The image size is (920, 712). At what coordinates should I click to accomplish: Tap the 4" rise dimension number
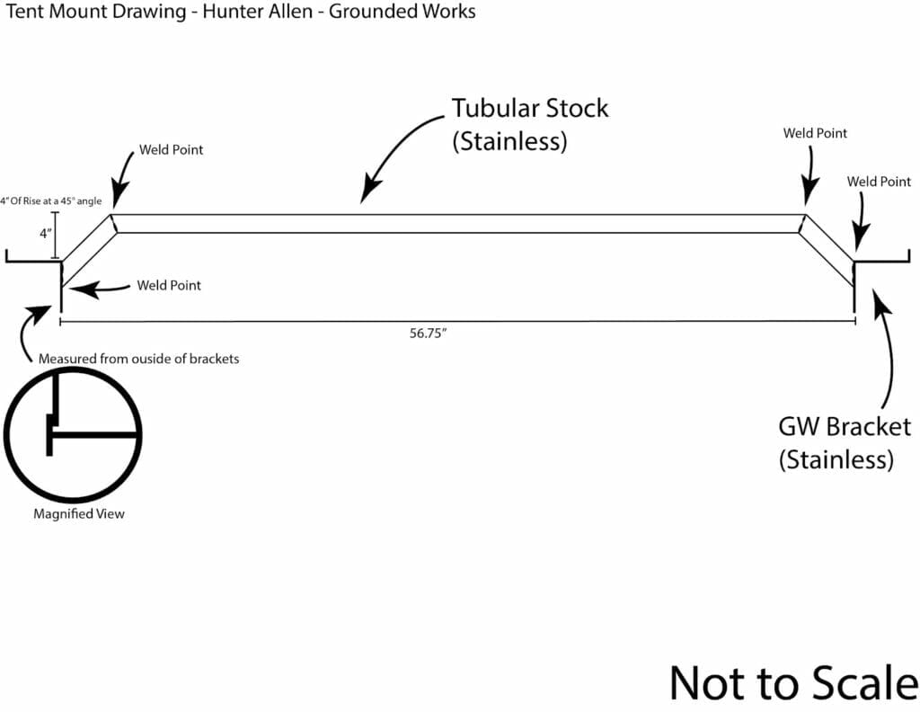pos(44,234)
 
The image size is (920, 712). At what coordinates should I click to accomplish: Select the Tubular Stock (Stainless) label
pos(529,125)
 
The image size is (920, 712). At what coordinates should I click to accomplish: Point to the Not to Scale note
pos(793,682)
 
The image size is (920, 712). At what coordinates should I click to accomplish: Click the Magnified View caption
pos(79,514)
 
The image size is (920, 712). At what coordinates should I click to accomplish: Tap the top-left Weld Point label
pos(171,149)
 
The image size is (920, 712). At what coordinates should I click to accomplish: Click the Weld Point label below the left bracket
pos(169,286)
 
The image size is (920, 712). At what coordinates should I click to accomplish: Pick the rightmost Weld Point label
pos(879,182)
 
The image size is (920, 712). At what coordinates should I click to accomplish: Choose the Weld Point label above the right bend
pos(815,133)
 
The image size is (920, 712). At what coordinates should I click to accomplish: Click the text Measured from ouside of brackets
pos(138,359)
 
